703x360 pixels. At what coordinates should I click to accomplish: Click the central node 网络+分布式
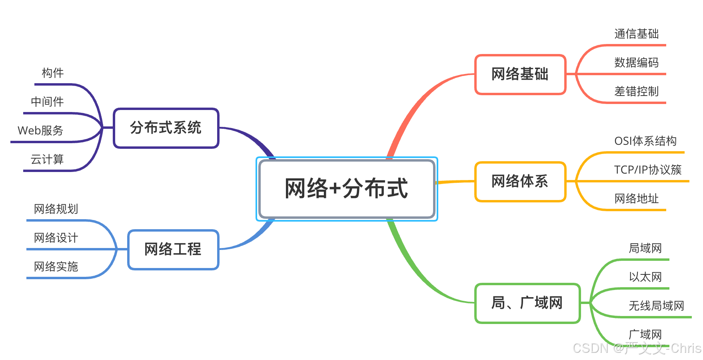(x=346, y=189)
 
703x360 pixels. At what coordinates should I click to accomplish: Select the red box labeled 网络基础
(x=520, y=74)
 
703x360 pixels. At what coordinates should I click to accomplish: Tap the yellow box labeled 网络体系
(x=520, y=182)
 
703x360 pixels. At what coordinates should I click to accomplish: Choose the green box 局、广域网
(x=527, y=303)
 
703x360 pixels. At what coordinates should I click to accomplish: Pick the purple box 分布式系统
(x=166, y=128)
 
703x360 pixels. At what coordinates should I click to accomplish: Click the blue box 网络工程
(x=173, y=250)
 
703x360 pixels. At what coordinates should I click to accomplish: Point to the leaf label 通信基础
(x=636, y=34)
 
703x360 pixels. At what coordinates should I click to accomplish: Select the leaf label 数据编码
(x=636, y=63)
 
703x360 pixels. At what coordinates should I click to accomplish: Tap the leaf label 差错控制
(x=636, y=92)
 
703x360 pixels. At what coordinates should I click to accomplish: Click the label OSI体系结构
(x=645, y=141)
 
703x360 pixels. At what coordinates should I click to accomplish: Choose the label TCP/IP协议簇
(x=648, y=170)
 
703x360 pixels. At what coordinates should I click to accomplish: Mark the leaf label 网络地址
(x=636, y=199)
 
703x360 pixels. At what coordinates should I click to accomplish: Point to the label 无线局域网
(x=656, y=306)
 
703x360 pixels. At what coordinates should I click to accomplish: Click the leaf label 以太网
(x=645, y=277)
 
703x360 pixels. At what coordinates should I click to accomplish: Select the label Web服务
(x=40, y=131)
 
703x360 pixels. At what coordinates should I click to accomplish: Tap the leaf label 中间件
(x=47, y=102)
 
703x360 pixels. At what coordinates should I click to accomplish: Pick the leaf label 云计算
(x=47, y=160)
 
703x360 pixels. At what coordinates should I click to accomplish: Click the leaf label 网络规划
(x=56, y=209)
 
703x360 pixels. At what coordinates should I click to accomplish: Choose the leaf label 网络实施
(x=56, y=267)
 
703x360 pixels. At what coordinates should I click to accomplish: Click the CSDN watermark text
(x=637, y=348)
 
